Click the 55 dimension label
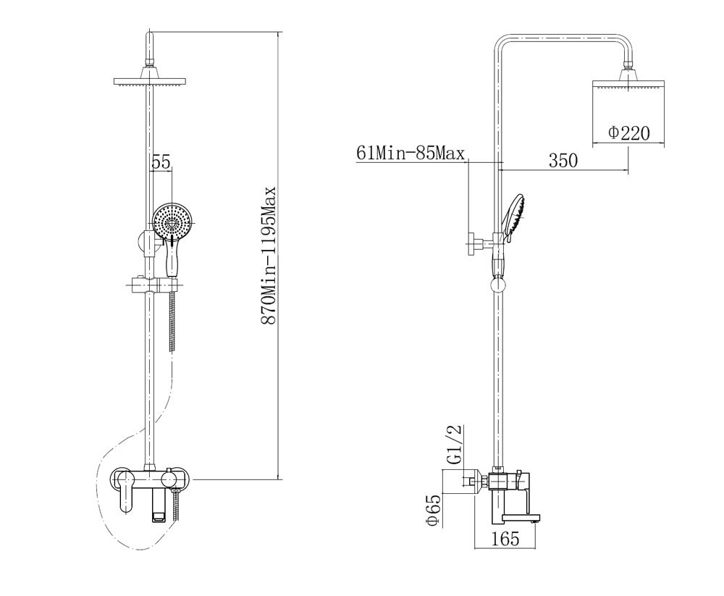tap(161, 164)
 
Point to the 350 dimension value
tap(563, 161)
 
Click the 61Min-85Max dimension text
tap(411, 154)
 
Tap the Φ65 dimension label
tap(433, 512)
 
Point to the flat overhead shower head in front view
tap(150, 81)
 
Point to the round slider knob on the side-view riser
tap(498, 286)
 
